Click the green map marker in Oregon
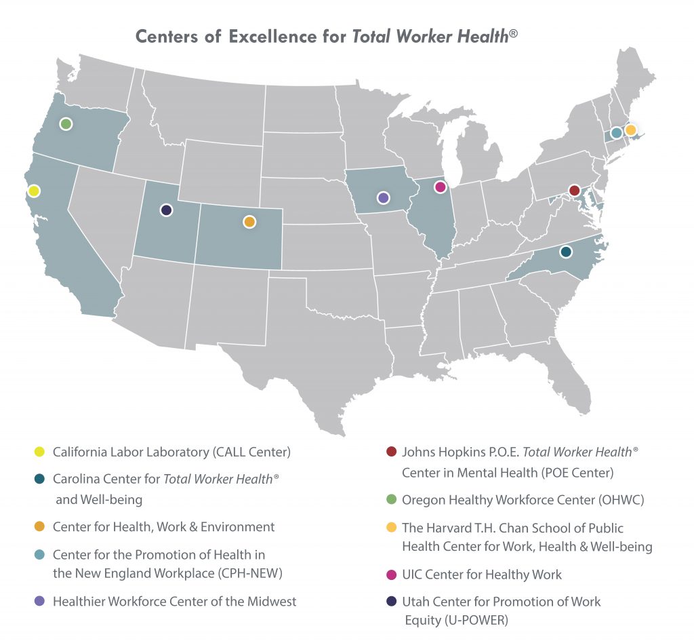(66, 123)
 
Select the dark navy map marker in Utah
(166, 210)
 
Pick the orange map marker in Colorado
(249, 222)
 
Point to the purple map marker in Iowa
(383, 197)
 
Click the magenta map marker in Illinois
(440, 187)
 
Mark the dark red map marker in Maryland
(574, 191)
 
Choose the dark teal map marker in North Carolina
(566, 252)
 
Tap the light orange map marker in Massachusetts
(630, 130)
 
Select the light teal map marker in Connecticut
(615, 133)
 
